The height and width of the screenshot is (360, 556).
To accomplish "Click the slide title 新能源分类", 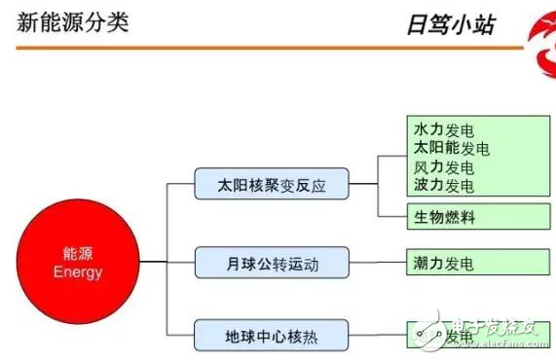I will pyautogui.click(x=73, y=21).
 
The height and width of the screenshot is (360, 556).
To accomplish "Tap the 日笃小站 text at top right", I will pyautogui.click(x=450, y=24).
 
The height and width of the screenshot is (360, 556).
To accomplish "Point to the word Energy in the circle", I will pyautogui.click(x=78, y=272).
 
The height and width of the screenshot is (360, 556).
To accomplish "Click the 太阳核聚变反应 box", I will pyautogui.click(x=271, y=183).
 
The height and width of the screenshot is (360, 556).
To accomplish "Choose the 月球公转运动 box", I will pyautogui.click(x=271, y=262).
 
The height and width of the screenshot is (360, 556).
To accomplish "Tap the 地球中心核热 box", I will pyautogui.click(x=271, y=337).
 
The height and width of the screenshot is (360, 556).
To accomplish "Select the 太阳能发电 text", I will pyautogui.click(x=451, y=148).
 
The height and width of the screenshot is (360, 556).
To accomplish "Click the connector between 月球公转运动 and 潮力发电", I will pyautogui.click(x=377, y=262).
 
